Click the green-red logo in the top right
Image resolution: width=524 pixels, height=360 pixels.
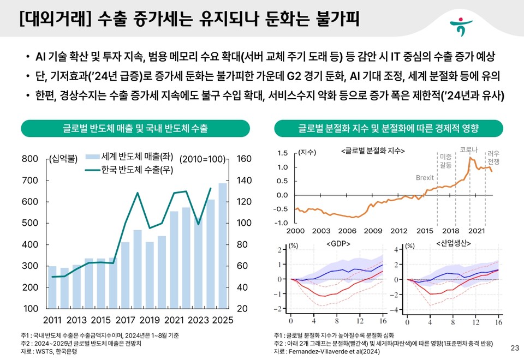(x=462, y=25)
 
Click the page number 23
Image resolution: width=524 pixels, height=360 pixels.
(x=514, y=348)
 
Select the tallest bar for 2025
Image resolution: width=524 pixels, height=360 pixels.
(x=222, y=245)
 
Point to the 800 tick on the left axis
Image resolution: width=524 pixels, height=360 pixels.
(x=30, y=159)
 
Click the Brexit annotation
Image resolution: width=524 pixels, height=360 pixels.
(x=425, y=178)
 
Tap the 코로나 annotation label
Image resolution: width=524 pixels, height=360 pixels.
(x=468, y=149)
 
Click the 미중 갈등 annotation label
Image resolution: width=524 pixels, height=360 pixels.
(x=445, y=160)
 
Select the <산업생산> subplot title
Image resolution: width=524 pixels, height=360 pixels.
(x=452, y=243)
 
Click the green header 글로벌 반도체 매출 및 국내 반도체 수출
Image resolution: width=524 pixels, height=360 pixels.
(x=135, y=129)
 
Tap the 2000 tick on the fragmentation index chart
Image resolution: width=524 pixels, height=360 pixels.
(x=295, y=231)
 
